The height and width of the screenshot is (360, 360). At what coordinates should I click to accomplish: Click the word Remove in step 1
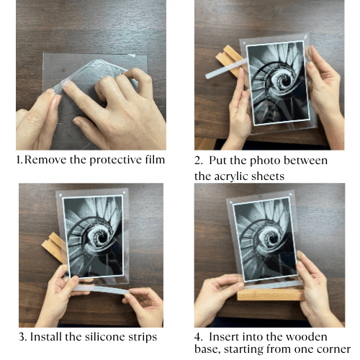(45, 160)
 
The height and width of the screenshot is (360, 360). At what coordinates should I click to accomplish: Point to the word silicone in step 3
(105, 336)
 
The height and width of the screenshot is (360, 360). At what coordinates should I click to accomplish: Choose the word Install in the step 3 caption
(46, 336)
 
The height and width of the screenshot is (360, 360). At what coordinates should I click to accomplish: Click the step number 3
(22, 337)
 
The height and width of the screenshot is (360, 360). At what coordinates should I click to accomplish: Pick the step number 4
(198, 337)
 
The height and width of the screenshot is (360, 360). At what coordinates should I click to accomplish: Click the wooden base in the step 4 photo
(271, 294)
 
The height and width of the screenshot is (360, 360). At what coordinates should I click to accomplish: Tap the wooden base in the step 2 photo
(228, 60)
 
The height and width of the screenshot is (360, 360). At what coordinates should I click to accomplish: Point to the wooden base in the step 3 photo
(53, 246)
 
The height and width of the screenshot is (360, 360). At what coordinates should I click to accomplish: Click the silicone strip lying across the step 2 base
(226, 68)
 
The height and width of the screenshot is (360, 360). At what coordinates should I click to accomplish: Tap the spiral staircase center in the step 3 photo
(102, 238)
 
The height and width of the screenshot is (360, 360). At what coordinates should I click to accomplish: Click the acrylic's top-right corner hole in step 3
(124, 192)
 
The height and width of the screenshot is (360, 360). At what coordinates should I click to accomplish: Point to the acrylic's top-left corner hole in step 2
(244, 43)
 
